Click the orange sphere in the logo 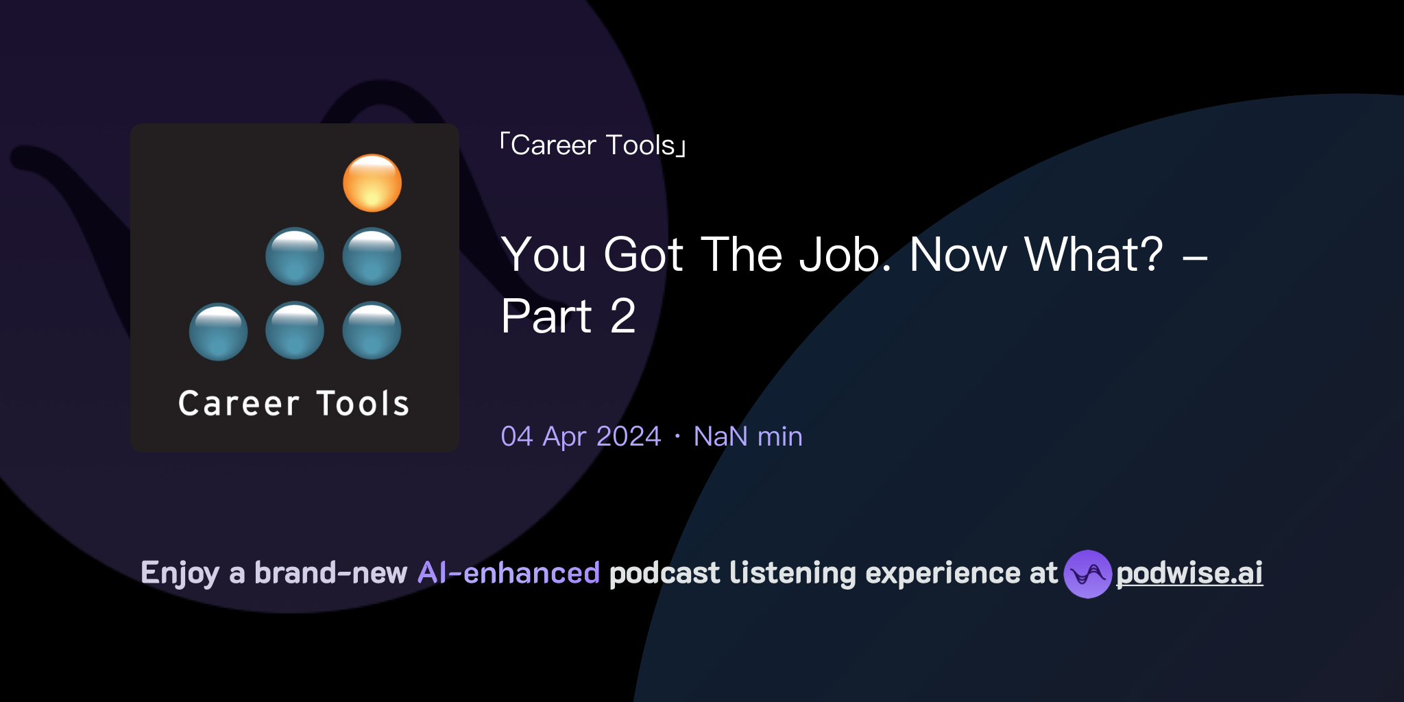pos(372,183)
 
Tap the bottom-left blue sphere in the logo pos(218,332)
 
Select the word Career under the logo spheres pos(239,403)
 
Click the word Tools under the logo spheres pos(363,403)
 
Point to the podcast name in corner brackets pos(594,145)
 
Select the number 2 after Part pos(622,317)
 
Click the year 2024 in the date pos(628,437)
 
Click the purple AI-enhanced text pos(509,573)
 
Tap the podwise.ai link pos(1189,573)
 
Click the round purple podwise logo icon pos(1087,574)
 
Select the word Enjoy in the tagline pos(180,573)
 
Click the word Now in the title pos(958,255)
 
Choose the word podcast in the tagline pos(664,573)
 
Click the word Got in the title pos(643,255)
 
